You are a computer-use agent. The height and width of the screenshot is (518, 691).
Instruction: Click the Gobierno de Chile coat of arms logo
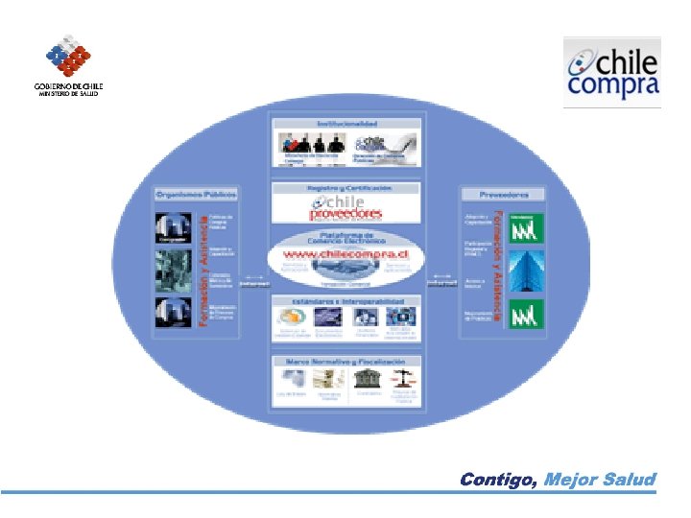click(x=68, y=57)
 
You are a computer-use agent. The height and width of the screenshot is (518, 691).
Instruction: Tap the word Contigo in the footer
click(x=498, y=479)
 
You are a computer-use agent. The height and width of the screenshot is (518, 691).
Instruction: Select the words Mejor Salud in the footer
click(x=600, y=479)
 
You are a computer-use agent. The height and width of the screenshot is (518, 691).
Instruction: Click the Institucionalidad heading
click(x=346, y=124)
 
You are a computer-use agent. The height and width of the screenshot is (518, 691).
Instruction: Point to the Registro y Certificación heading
click(x=346, y=188)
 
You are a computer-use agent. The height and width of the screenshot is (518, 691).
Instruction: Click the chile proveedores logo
click(x=346, y=207)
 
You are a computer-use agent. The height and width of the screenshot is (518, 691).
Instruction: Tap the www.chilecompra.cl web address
click(x=346, y=256)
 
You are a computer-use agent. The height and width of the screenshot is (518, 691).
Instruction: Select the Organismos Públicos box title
click(x=197, y=194)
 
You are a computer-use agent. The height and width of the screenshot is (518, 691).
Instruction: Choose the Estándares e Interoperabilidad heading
click(x=346, y=301)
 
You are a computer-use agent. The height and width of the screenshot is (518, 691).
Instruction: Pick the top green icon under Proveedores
click(x=525, y=226)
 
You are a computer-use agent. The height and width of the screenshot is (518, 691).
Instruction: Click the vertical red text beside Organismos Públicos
click(x=203, y=269)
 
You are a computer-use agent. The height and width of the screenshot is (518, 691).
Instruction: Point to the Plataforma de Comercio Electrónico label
click(x=346, y=237)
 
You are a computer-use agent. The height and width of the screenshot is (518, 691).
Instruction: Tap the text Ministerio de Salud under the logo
click(x=68, y=94)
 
